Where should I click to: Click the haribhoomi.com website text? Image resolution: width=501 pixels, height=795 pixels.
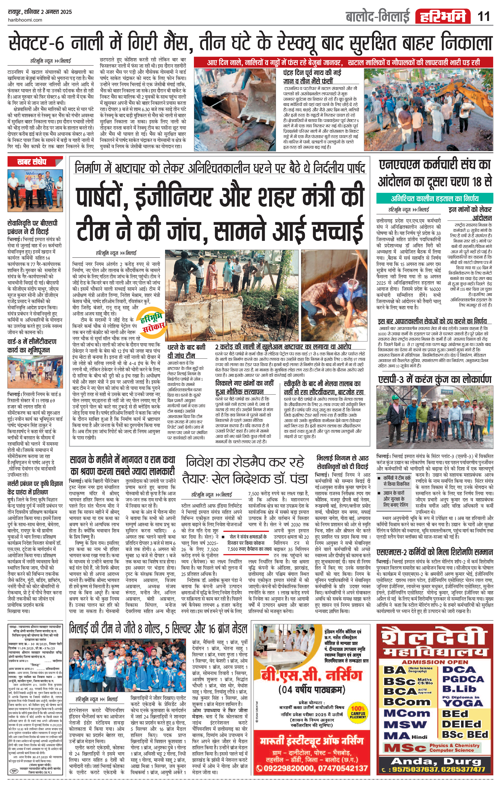[25, 20]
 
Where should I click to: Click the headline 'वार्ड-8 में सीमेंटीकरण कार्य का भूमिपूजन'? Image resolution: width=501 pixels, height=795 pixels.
[32, 346]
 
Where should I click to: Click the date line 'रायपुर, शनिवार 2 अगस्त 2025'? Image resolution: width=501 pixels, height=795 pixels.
[40, 12]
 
